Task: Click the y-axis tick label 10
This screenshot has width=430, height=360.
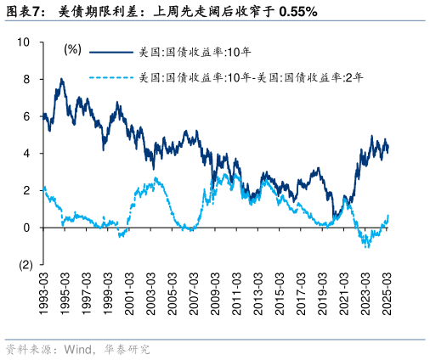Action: (24, 42)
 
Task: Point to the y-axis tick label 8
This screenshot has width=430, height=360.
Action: (27, 79)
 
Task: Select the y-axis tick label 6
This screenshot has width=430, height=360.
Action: (27, 116)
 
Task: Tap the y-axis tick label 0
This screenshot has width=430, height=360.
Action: (27, 228)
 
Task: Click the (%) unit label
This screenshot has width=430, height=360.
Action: (72, 50)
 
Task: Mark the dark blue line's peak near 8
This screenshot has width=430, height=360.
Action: (61, 80)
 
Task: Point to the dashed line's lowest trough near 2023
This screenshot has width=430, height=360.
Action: (366, 246)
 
